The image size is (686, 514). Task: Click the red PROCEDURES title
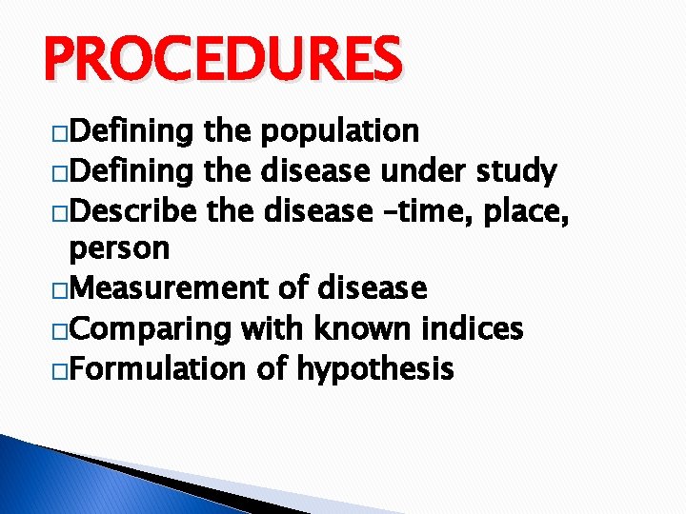(222, 59)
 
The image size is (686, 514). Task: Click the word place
(524, 210)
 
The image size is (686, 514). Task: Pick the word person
(119, 249)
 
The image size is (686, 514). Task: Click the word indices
(469, 327)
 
